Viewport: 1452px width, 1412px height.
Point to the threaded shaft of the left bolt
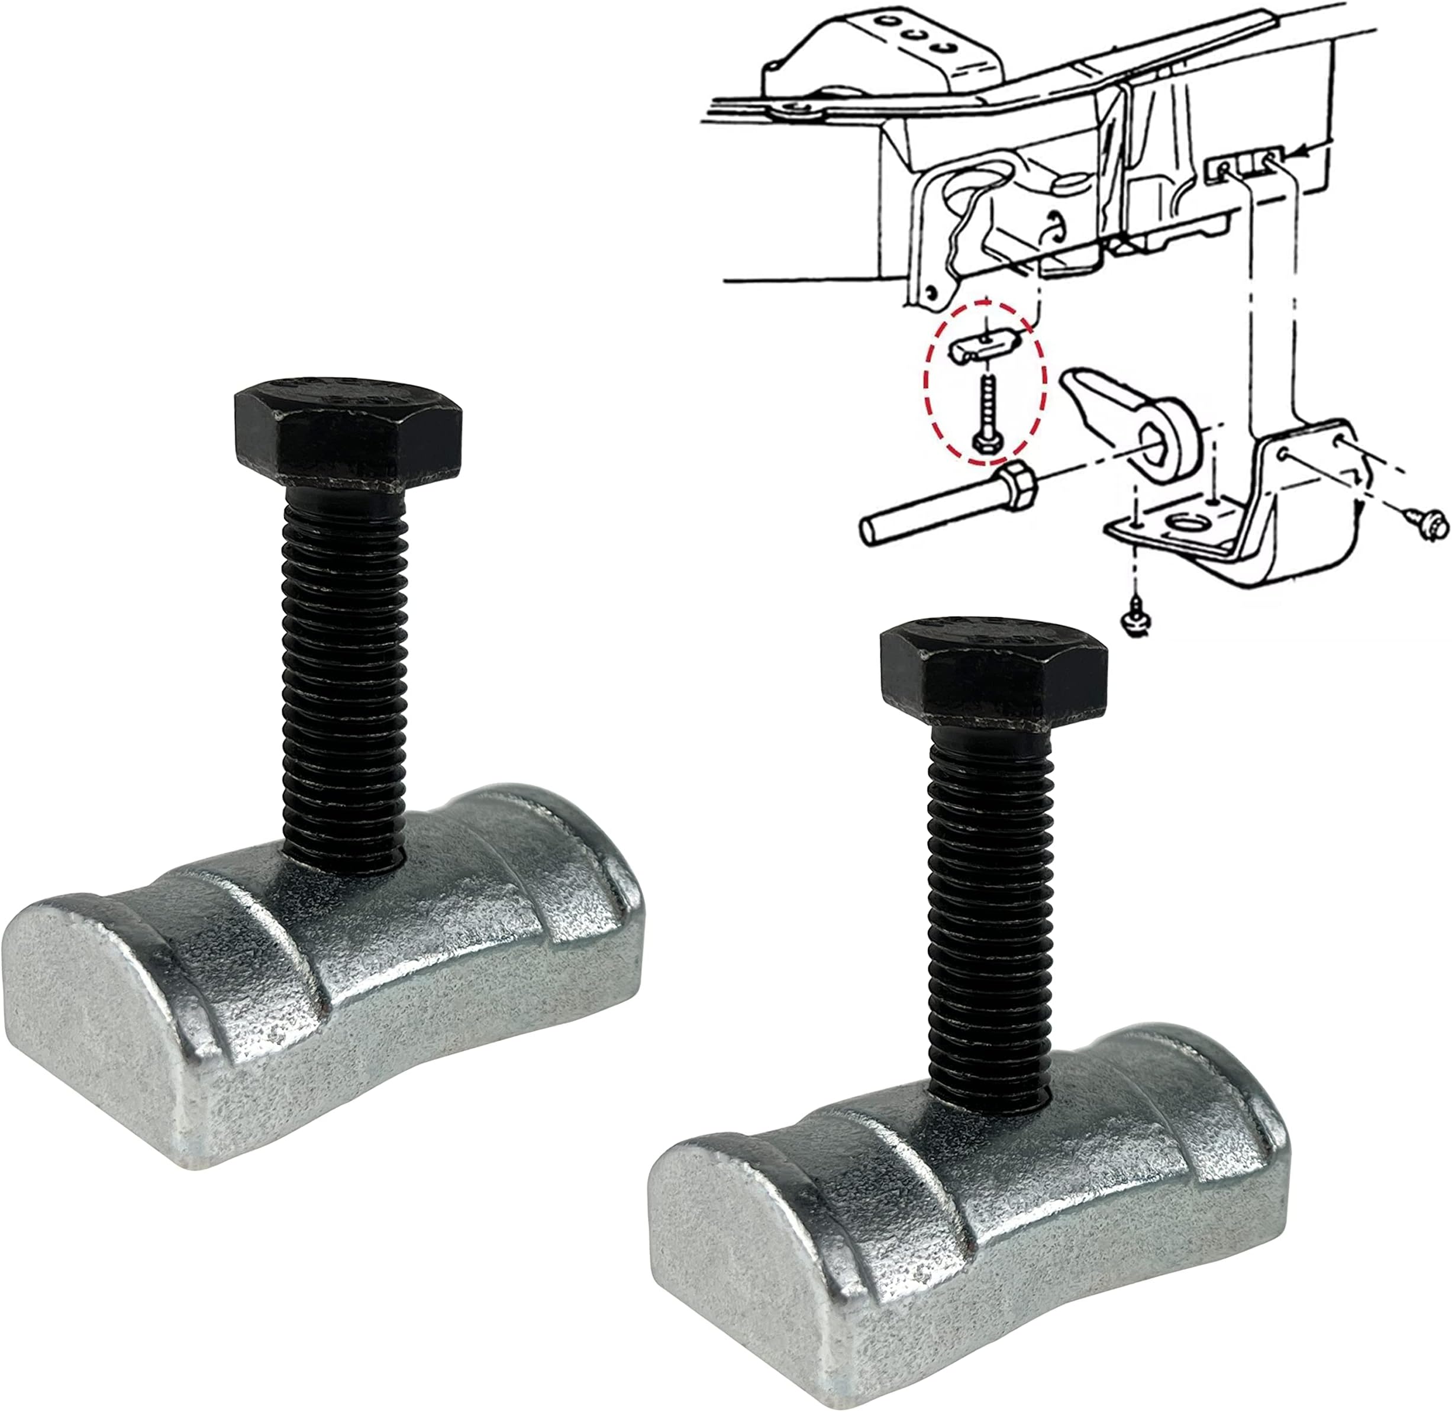345,668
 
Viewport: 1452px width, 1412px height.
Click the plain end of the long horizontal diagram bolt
869,531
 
